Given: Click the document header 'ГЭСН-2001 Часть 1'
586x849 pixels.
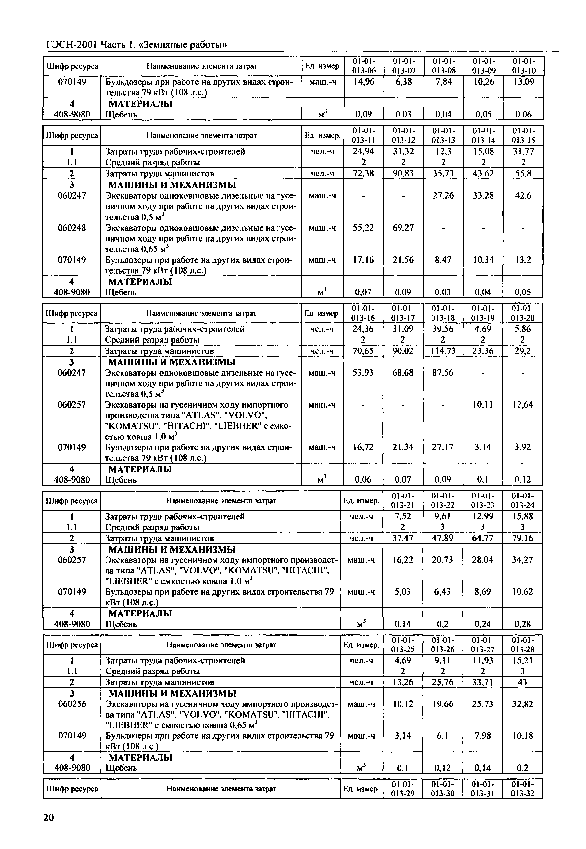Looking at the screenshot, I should point(137,45).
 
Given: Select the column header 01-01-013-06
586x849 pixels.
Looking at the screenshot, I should point(364,66).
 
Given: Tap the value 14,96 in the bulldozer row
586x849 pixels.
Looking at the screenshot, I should point(364,82).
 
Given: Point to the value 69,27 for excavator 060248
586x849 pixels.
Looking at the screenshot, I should point(403,228).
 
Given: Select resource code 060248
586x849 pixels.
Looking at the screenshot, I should point(72,228).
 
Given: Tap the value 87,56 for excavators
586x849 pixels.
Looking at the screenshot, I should point(443,373).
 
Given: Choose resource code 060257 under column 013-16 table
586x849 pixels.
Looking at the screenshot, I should point(72,405).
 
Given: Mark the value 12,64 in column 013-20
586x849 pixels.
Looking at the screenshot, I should point(523,405).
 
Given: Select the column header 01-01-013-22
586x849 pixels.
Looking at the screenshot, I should point(443,501).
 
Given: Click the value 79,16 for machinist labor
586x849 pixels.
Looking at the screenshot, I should point(523,538).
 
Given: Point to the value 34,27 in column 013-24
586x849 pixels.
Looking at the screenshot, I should point(523,560).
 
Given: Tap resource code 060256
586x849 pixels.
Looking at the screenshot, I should point(72,704).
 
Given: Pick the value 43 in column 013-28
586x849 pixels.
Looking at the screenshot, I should point(523,682).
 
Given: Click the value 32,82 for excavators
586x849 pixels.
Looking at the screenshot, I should point(523,704).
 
